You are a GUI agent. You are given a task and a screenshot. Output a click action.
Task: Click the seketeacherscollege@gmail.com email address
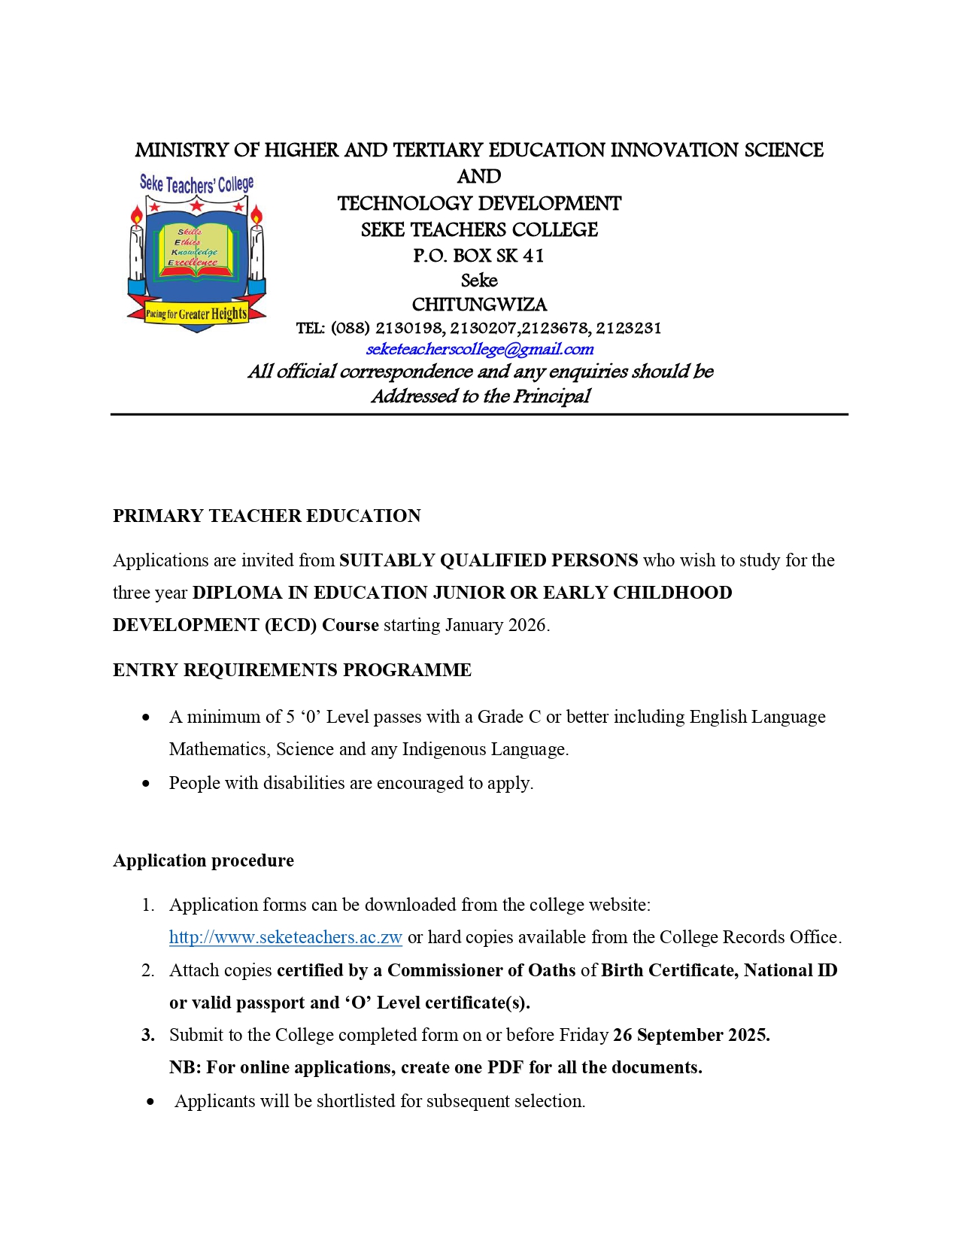(479, 349)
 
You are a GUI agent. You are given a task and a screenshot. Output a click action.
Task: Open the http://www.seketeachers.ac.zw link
(285, 937)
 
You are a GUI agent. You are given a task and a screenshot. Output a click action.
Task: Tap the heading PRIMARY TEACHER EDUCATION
(266, 516)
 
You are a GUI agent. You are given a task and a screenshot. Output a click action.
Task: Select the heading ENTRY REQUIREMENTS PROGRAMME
(292, 670)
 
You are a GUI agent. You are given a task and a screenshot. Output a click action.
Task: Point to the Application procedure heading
(203, 860)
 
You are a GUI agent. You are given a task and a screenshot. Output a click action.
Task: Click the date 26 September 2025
(690, 1035)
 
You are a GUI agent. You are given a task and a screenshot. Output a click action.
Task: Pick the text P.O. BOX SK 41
(478, 256)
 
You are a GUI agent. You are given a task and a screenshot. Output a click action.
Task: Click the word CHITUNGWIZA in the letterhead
(479, 305)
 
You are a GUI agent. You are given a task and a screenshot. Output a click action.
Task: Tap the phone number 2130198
(410, 328)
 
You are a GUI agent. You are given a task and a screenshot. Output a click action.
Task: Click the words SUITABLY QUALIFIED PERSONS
(488, 560)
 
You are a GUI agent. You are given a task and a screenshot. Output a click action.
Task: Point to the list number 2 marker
(147, 970)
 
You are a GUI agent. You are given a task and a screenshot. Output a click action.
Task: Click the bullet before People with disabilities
(146, 784)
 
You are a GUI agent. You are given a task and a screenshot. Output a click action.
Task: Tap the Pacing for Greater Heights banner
(196, 314)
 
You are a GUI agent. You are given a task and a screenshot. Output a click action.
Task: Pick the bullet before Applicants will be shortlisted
(151, 1102)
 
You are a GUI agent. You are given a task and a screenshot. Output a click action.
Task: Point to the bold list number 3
(148, 1035)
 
